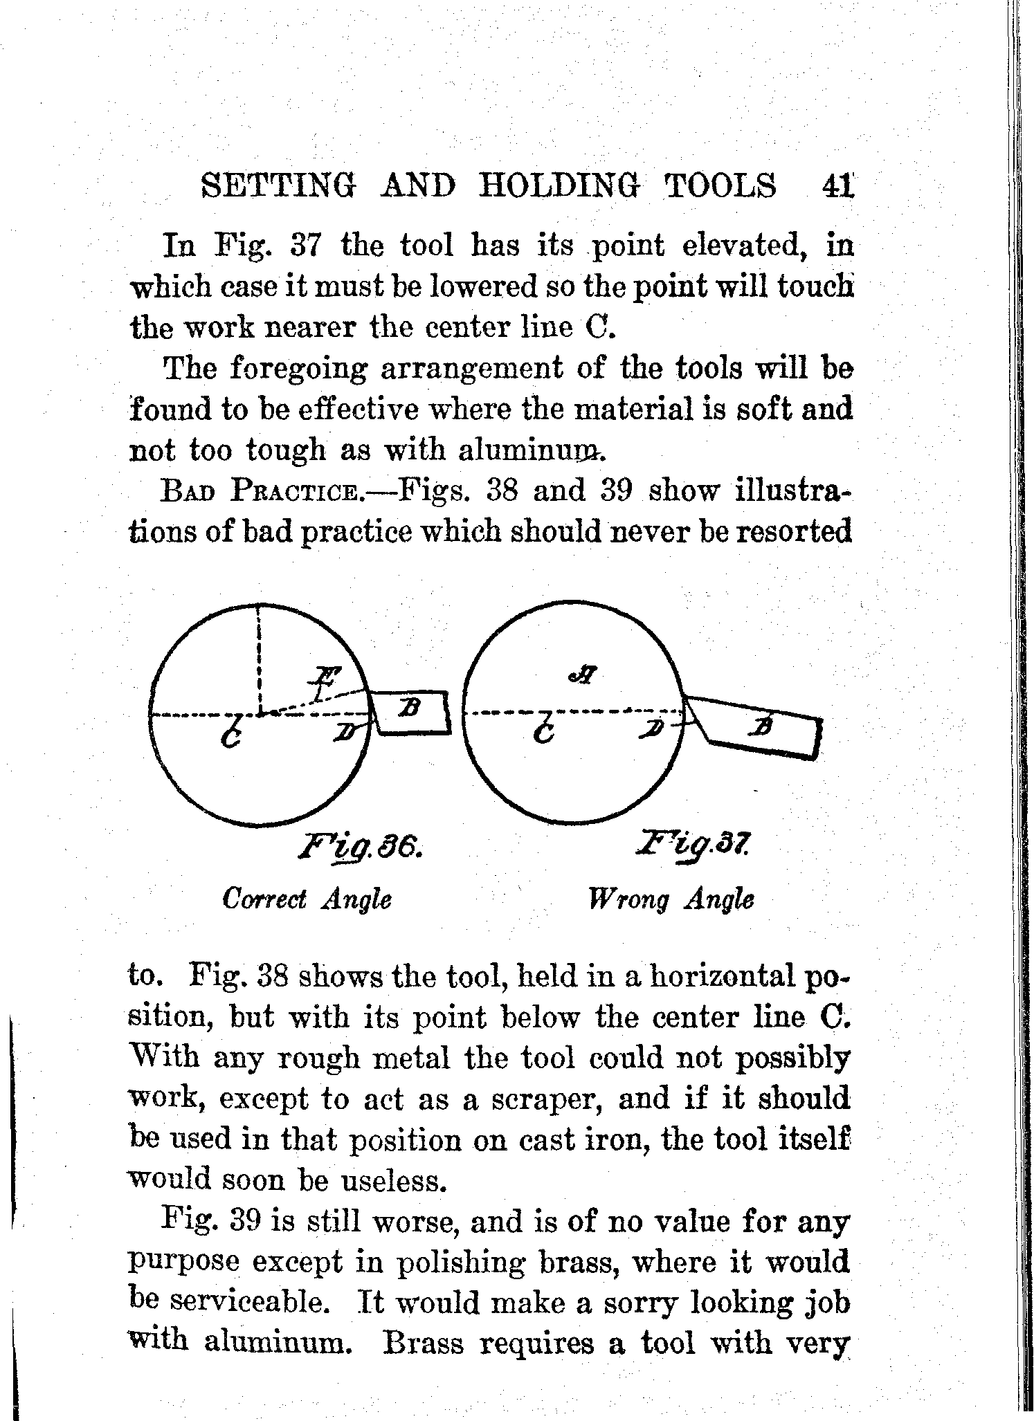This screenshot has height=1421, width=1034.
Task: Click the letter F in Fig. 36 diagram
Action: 321,681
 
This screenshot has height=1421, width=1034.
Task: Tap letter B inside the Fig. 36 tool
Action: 408,708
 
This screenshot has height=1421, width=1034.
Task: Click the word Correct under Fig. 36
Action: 264,899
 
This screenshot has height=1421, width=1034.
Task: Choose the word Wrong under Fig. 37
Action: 628,899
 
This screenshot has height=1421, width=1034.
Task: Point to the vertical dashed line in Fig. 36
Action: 258,657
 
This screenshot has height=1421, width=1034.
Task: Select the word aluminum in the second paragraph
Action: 531,451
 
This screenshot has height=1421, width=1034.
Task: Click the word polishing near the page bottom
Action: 482,1263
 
